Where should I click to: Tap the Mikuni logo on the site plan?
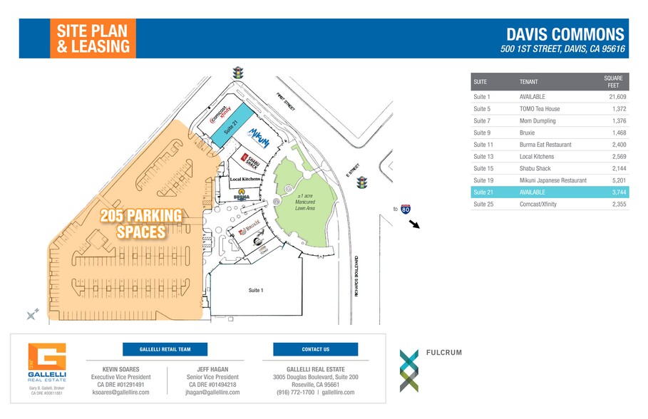(257, 136)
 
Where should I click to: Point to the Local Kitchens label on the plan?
(244, 179)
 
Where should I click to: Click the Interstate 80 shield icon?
(406, 209)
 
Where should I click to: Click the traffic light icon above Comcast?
(237, 73)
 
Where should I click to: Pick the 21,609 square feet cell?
(613, 96)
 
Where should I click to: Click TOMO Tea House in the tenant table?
(540, 108)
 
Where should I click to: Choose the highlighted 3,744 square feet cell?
(614, 193)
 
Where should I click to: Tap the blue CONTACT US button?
(315, 349)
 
